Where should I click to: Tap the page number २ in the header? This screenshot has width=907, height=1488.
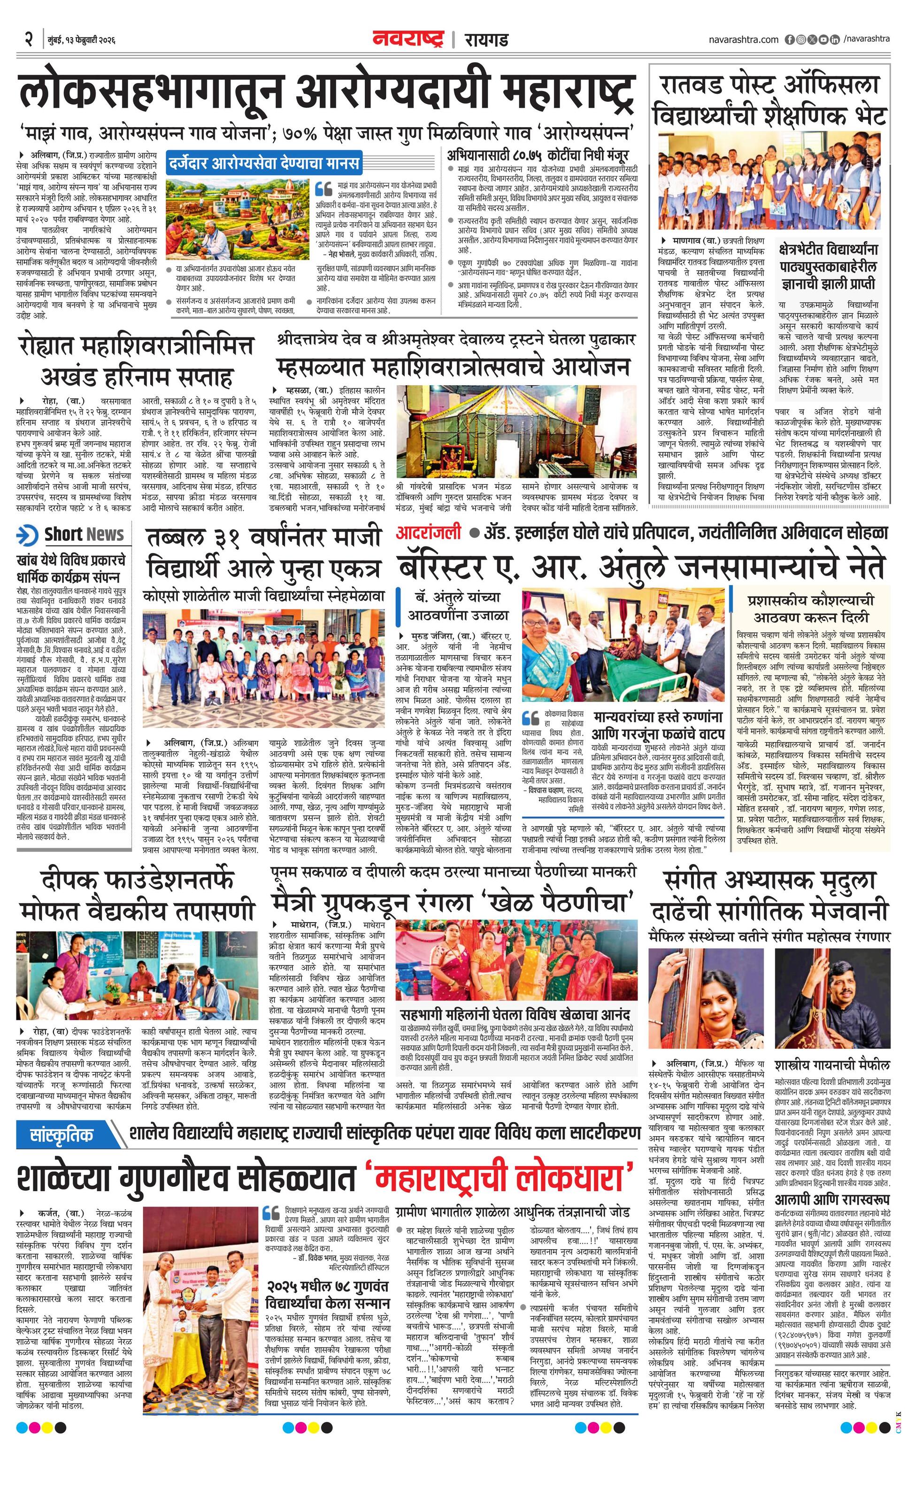(x=28, y=39)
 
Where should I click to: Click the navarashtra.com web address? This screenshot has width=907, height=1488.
(x=743, y=39)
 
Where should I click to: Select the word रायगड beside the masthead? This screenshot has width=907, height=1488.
(x=486, y=40)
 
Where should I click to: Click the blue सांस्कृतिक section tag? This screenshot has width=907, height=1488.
(x=62, y=1135)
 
